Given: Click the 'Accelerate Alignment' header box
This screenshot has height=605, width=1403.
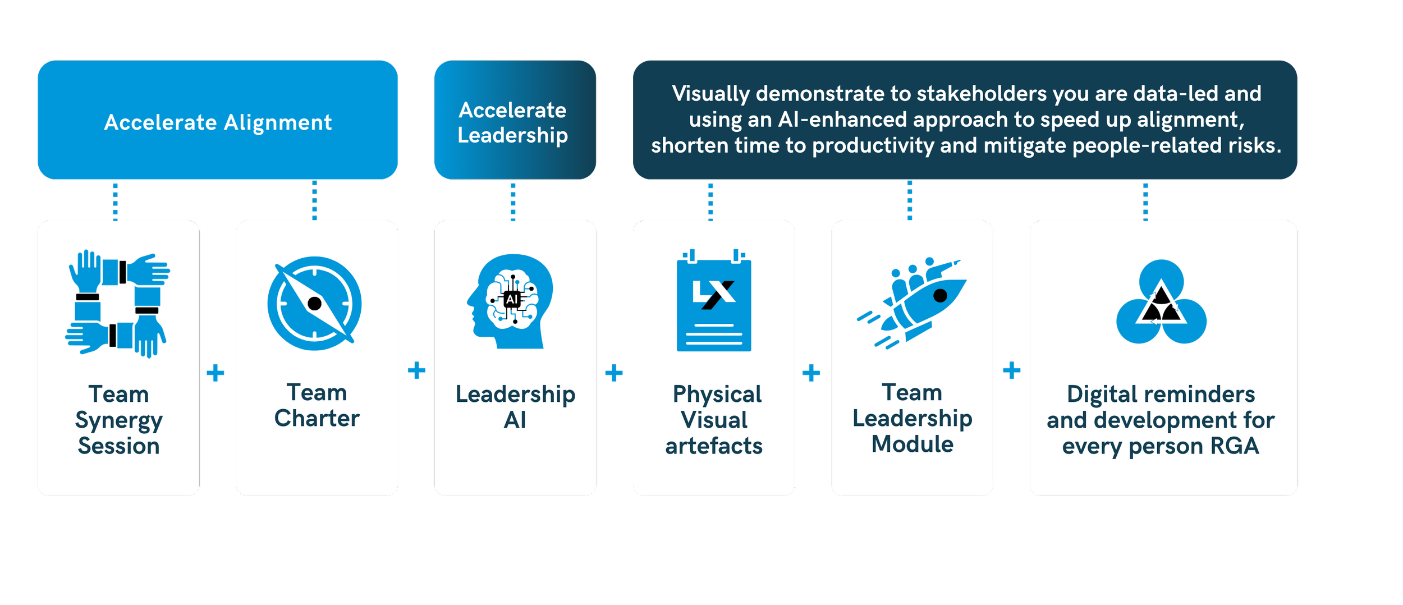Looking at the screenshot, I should tap(218, 120).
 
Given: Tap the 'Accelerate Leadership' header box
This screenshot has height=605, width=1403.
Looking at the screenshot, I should tap(515, 120).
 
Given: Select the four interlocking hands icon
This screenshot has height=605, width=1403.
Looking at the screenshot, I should tap(118, 304).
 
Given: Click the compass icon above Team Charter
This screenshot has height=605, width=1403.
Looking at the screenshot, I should tap(314, 304).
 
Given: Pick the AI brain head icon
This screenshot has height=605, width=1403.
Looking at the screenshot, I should tap(511, 301).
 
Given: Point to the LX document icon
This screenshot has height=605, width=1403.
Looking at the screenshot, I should tap(713, 301).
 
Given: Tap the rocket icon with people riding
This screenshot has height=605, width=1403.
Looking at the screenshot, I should tap(911, 304).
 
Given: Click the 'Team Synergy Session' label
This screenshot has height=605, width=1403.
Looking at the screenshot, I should tap(118, 420).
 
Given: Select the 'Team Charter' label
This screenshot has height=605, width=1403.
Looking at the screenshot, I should tap(317, 405).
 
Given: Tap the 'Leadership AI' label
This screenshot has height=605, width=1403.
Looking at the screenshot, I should tap(515, 407).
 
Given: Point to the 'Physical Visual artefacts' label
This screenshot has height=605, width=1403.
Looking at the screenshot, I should tap(714, 420).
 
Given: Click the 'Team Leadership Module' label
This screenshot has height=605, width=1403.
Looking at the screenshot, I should tap(912, 418).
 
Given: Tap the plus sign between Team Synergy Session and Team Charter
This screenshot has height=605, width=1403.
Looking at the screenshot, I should tap(216, 373).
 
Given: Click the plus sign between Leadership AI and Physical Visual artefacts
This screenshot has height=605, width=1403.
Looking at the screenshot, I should tap(615, 373).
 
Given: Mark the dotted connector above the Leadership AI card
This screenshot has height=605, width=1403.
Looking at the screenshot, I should tap(513, 200).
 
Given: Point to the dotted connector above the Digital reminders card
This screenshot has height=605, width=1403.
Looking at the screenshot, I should tap(1146, 200).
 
